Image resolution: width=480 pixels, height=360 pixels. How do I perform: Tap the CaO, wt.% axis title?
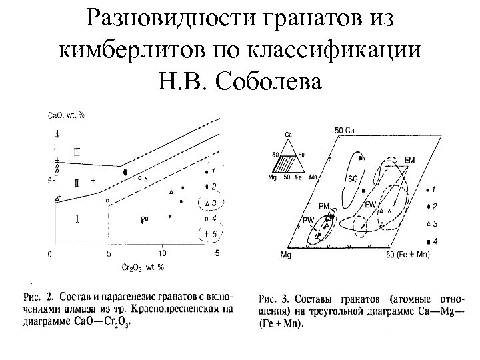[x=67, y=115]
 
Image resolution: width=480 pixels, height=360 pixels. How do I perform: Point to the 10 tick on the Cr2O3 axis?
[x=162, y=253]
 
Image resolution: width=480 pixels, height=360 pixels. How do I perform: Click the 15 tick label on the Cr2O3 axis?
[x=215, y=253]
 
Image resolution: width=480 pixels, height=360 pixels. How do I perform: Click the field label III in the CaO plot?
[x=77, y=152]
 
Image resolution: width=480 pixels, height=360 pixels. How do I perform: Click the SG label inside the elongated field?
[x=353, y=179]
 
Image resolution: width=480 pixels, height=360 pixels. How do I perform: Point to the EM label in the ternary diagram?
[x=409, y=161]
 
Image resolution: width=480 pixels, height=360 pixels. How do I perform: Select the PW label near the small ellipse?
[x=308, y=221]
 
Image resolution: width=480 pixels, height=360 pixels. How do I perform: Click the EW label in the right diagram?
[x=371, y=205]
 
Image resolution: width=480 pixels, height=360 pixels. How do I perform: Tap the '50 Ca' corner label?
[x=344, y=129]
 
